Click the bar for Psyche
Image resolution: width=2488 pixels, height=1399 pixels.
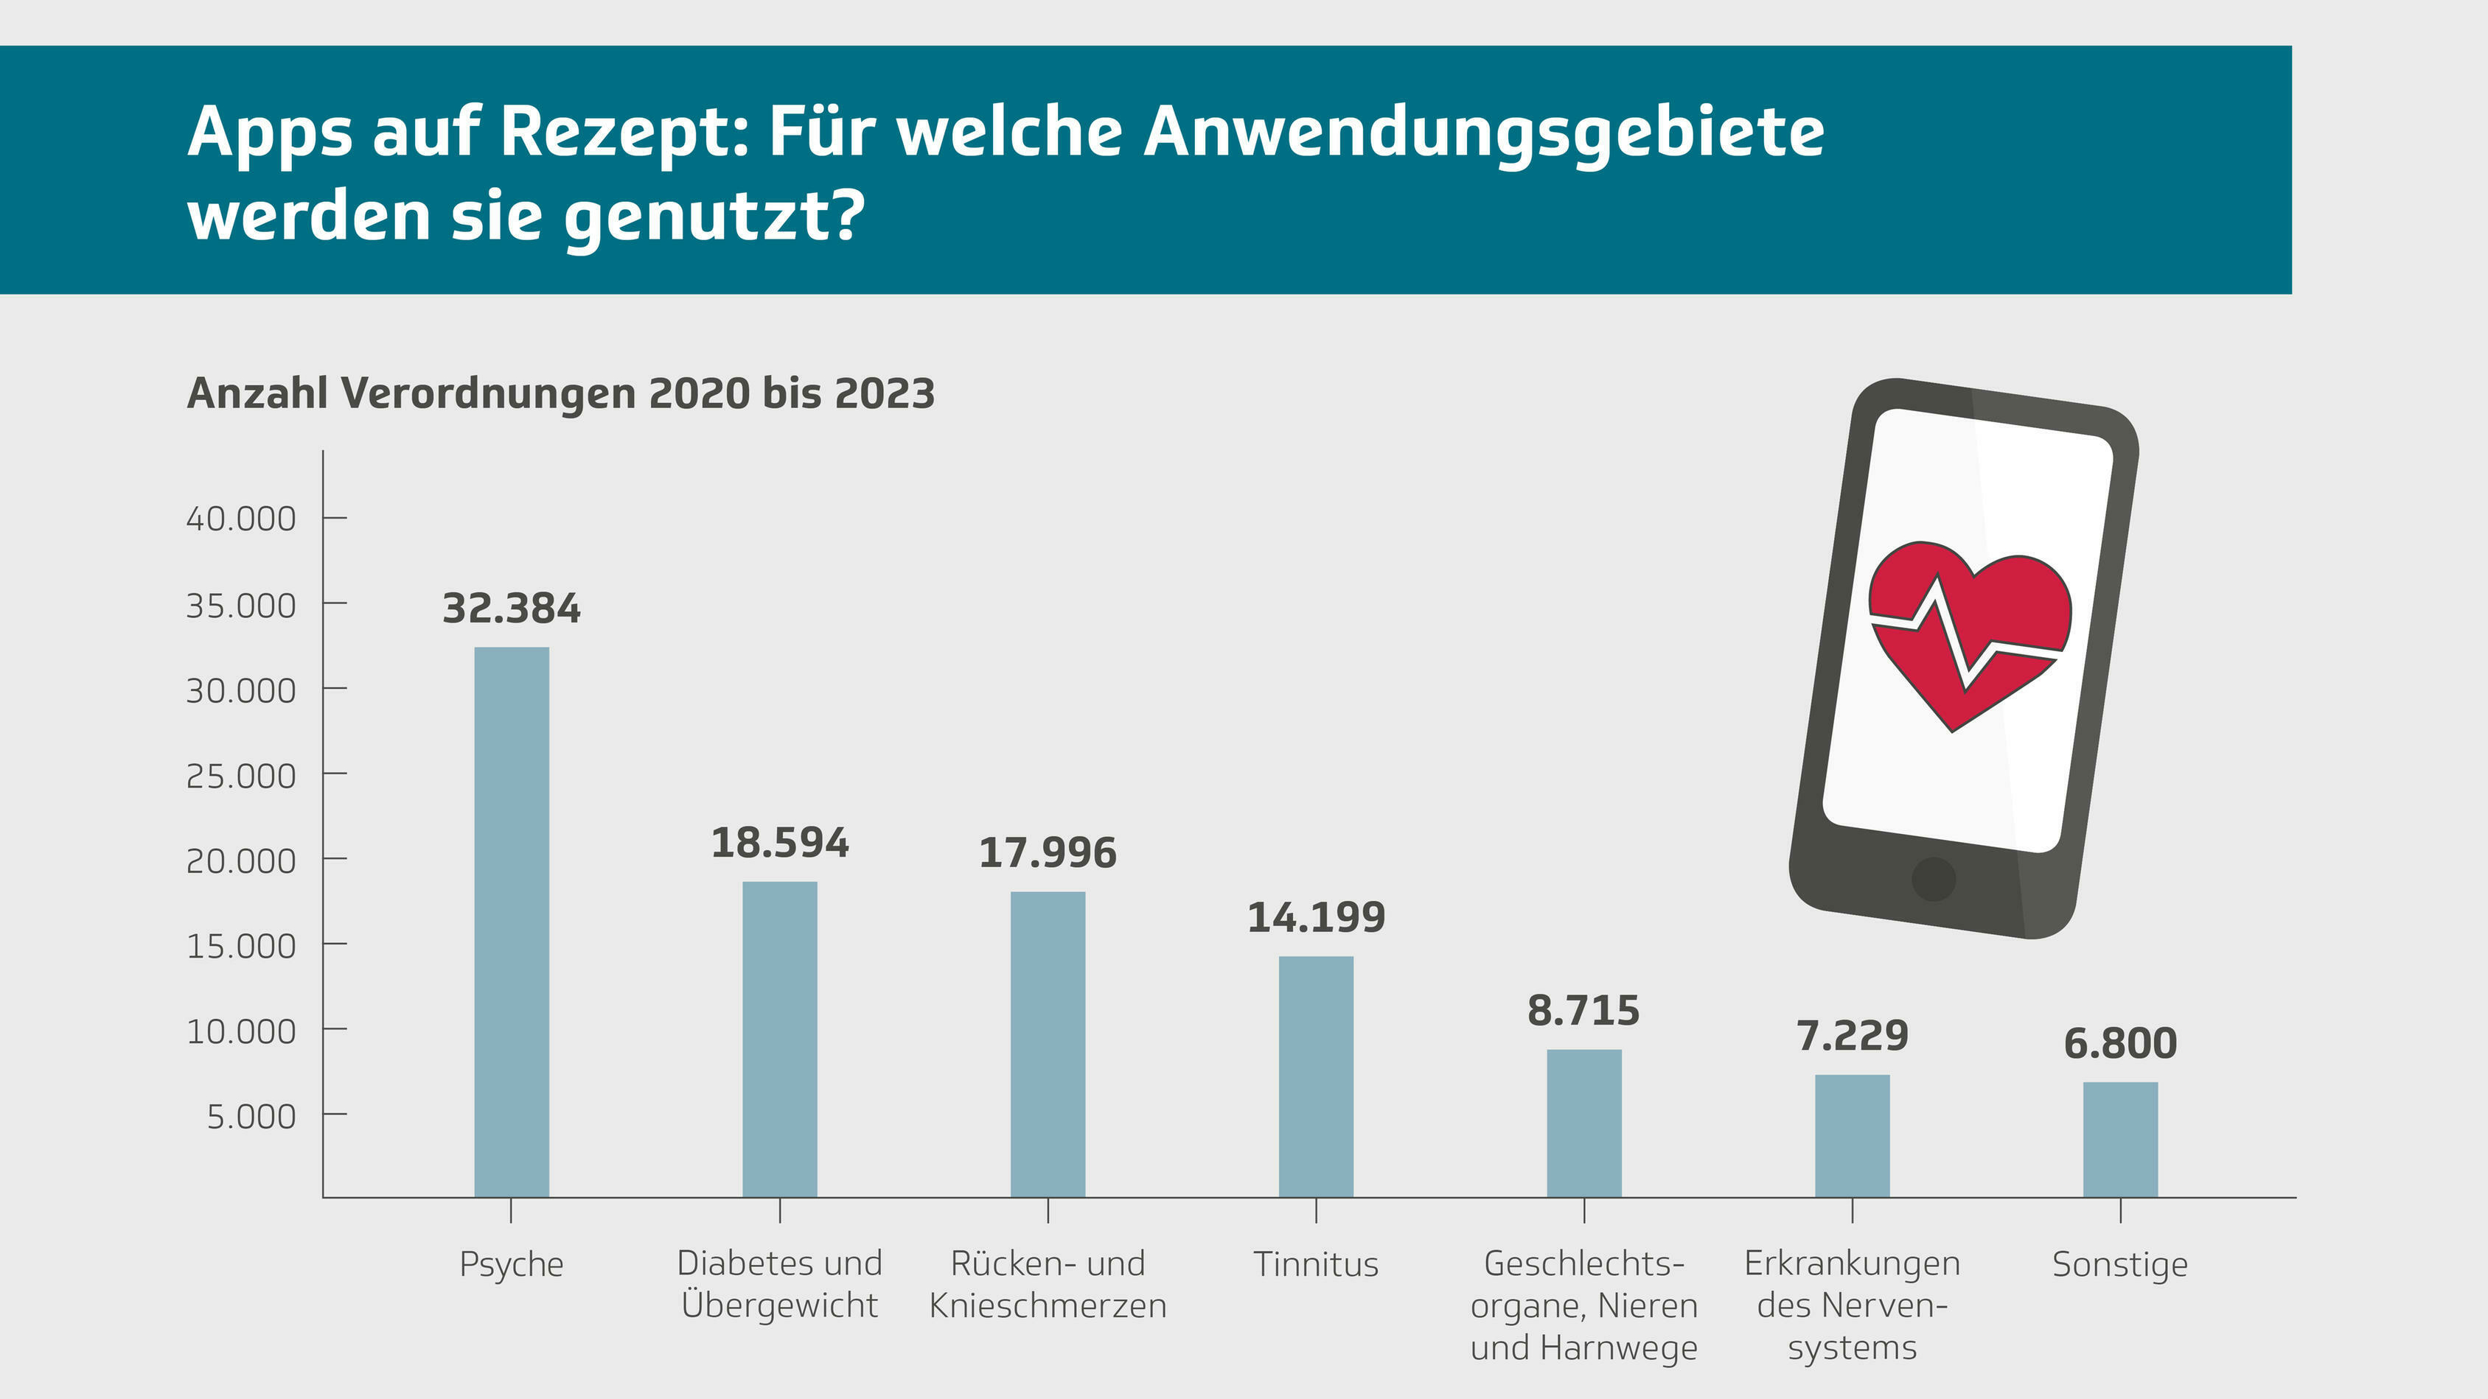tap(511, 922)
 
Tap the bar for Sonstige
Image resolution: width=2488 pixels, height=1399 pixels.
tap(2120, 1139)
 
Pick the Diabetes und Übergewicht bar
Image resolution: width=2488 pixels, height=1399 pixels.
tap(779, 1039)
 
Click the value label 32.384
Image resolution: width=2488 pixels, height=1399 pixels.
tap(511, 609)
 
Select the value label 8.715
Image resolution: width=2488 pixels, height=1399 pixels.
tap(1584, 1011)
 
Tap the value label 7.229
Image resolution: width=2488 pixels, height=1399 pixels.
tap(1853, 1036)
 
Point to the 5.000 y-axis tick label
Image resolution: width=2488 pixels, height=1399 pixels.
tap(251, 1116)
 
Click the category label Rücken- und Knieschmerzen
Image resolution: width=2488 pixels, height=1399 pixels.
tap(1048, 1284)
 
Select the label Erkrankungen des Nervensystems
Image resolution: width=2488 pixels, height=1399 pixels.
tap(1853, 1305)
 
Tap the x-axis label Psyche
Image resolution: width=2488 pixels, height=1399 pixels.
tap(511, 1264)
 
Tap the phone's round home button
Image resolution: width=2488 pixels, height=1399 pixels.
tap(1934, 879)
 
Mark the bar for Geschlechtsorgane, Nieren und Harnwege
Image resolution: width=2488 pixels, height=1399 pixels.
tap(1584, 1123)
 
